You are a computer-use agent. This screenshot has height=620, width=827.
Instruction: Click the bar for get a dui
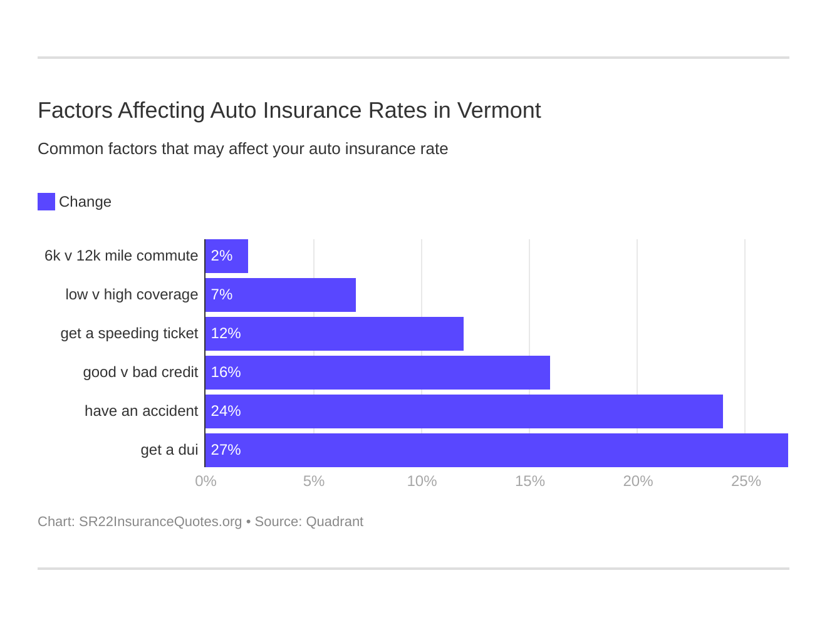click(496, 450)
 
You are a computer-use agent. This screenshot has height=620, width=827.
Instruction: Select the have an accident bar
click(464, 411)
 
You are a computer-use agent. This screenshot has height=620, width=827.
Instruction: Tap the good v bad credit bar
click(377, 373)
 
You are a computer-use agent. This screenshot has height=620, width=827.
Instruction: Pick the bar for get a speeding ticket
click(334, 334)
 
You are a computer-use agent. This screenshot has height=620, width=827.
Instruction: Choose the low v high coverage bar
click(280, 295)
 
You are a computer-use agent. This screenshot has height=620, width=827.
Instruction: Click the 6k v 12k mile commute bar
click(226, 256)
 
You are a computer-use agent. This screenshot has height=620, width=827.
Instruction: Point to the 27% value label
click(226, 450)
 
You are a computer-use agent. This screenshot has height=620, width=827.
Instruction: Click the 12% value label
click(226, 334)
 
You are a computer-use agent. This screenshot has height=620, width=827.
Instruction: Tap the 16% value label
click(226, 373)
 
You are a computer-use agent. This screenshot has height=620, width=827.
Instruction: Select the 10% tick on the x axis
click(422, 481)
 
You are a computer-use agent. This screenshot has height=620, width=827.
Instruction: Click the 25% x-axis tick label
click(746, 481)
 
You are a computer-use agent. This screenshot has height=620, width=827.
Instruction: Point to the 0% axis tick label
click(205, 481)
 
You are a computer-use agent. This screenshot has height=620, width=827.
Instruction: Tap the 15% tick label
click(529, 481)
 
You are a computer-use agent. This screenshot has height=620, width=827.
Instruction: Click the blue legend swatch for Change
click(46, 202)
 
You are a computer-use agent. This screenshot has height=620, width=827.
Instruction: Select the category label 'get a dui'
click(169, 450)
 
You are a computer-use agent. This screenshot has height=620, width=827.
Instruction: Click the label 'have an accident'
click(141, 411)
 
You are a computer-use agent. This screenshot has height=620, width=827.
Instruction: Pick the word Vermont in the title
click(499, 110)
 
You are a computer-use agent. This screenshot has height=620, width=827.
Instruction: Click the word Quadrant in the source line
click(335, 522)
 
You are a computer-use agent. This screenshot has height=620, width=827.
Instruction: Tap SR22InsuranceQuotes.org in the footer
click(160, 522)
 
